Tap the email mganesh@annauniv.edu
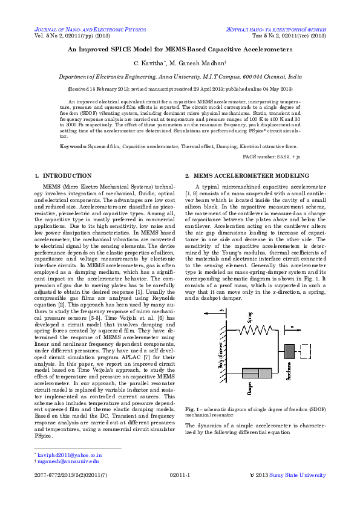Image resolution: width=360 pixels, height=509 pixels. click(x=68, y=461)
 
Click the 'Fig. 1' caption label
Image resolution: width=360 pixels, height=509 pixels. click(x=192, y=410)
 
